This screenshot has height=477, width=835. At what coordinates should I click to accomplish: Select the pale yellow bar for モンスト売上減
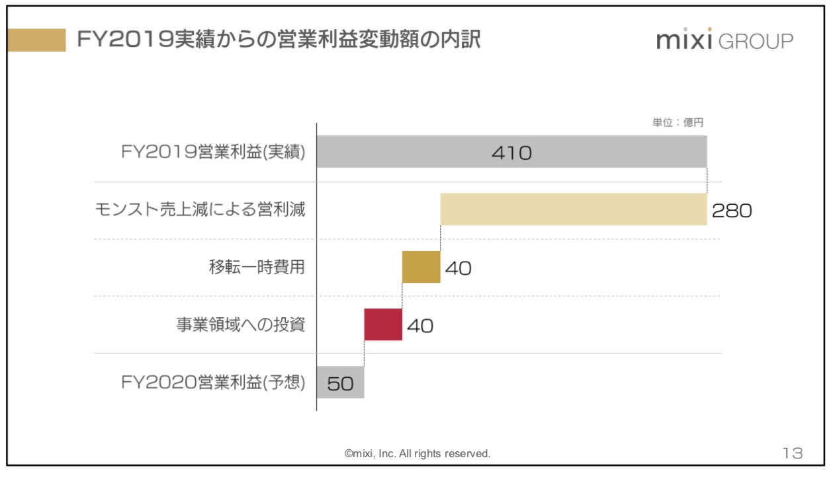pos(573,209)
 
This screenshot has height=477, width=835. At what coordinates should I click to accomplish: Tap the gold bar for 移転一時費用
pos(421,267)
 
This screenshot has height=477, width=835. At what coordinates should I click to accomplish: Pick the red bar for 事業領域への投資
pos(383,324)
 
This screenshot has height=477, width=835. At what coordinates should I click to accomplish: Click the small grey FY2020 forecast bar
pos(340,383)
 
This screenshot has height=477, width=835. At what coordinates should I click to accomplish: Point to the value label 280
pos(732,211)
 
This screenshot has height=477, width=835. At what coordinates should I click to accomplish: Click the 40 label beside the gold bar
pos(458,268)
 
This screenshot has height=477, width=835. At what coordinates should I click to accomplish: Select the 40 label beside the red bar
pos(420,326)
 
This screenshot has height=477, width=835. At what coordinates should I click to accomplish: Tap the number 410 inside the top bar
pos(511,153)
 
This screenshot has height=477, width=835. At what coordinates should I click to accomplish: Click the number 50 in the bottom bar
pos(340,383)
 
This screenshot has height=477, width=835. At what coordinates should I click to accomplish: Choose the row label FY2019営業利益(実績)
pos(213,152)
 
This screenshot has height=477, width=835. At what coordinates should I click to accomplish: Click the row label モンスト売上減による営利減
pos(200,210)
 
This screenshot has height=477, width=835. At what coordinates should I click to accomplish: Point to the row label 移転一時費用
pos(256,268)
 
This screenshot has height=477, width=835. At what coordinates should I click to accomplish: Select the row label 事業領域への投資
pos(240,325)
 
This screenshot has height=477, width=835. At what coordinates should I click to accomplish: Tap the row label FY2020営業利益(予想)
pos(213,383)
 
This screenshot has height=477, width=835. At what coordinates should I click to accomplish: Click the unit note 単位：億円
pos(678,123)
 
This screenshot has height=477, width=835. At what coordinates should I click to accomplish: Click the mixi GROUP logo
pos(725,41)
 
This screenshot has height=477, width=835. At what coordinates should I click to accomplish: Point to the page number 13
pos(792,453)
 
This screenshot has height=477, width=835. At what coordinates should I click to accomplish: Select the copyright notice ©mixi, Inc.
pos(417,454)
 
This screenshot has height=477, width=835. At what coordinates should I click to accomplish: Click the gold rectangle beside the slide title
pos(36,40)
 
